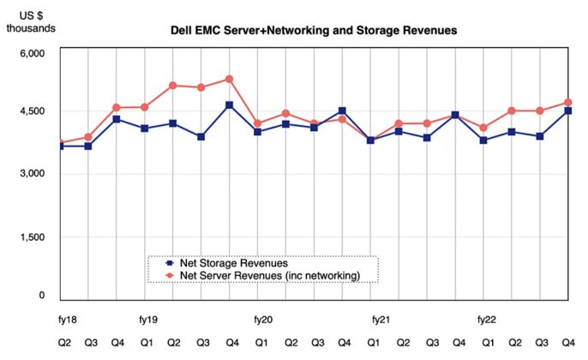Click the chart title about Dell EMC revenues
[314, 30]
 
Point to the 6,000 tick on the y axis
[33, 53]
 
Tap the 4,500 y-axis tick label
[33, 111]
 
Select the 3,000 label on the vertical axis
[33, 174]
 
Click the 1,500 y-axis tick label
[33, 237]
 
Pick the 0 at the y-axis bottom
[41, 296]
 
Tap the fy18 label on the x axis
[67, 320]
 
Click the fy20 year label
[263, 320]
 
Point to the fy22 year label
[486, 320]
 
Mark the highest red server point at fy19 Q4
[229, 79]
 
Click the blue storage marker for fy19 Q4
[229, 105]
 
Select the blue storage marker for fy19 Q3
[201, 136]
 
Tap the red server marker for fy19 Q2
[172, 86]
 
